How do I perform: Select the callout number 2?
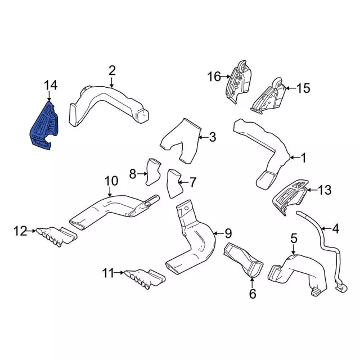[x=112, y=70]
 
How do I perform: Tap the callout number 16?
[x=214, y=76]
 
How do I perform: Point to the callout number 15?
[x=303, y=88]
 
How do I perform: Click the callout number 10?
[x=111, y=181]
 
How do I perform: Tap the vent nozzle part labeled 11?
[x=141, y=276]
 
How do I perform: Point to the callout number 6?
[x=252, y=293]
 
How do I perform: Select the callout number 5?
[x=293, y=239]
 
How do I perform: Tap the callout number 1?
[x=303, y=159]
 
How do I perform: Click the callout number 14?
[x=51, y=85]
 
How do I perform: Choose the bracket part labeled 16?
[x=237, y=82]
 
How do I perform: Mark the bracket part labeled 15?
[x=268, y=96]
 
